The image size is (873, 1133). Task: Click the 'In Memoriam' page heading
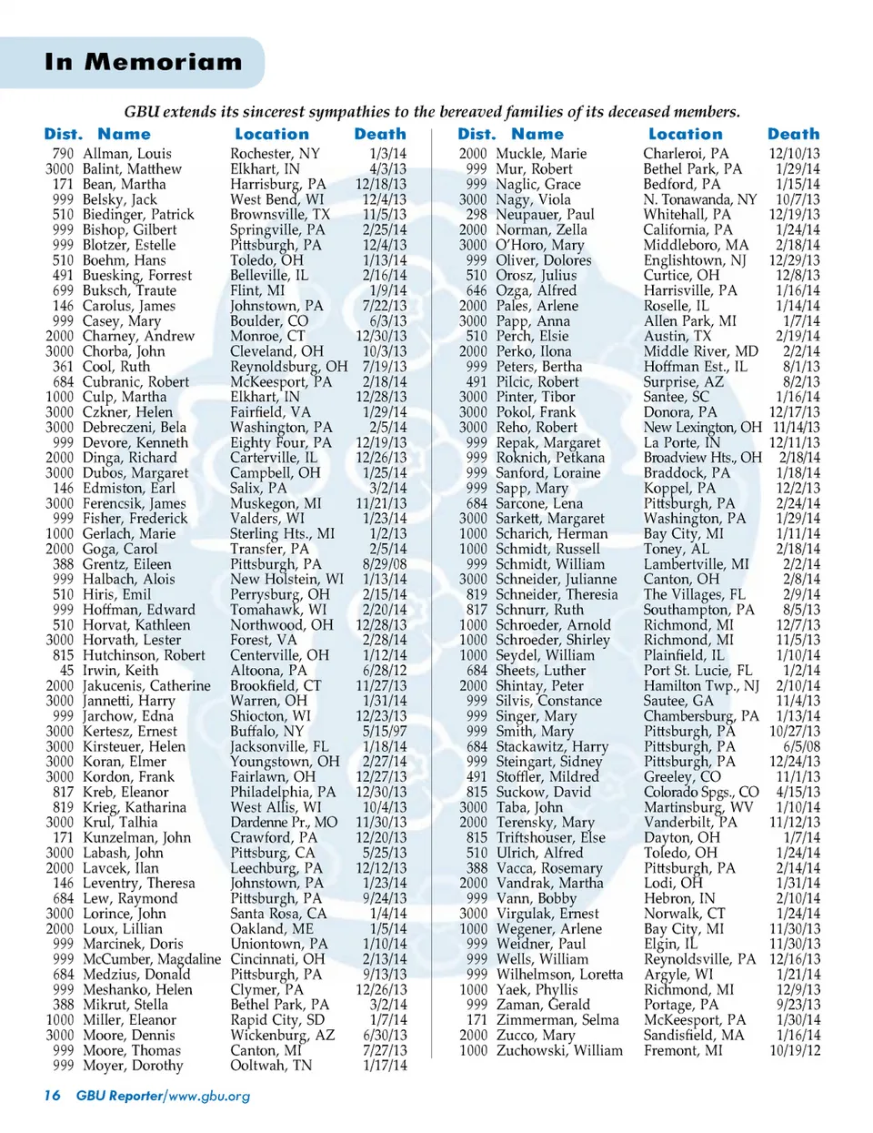(x=144, y=62)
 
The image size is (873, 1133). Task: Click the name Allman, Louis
(x=127, y=154)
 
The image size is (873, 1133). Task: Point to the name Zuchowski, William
(x=559, y=1050)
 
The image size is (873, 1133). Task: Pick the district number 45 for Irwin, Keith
(x=66, y=670)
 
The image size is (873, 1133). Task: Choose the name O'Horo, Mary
(x=540, y=245)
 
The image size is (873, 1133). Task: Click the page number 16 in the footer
(x=52, y=1095)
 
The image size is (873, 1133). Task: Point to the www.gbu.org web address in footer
(x=209, y=1096)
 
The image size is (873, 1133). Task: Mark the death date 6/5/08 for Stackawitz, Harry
(x=801, y=746)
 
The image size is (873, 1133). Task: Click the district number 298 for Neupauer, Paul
(x=476, y=215)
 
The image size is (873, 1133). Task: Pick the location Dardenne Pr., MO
(x=284, y=822)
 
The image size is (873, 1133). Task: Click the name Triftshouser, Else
(x=550, y=837)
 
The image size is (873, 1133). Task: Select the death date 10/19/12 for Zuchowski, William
(x=794, y=1050)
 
